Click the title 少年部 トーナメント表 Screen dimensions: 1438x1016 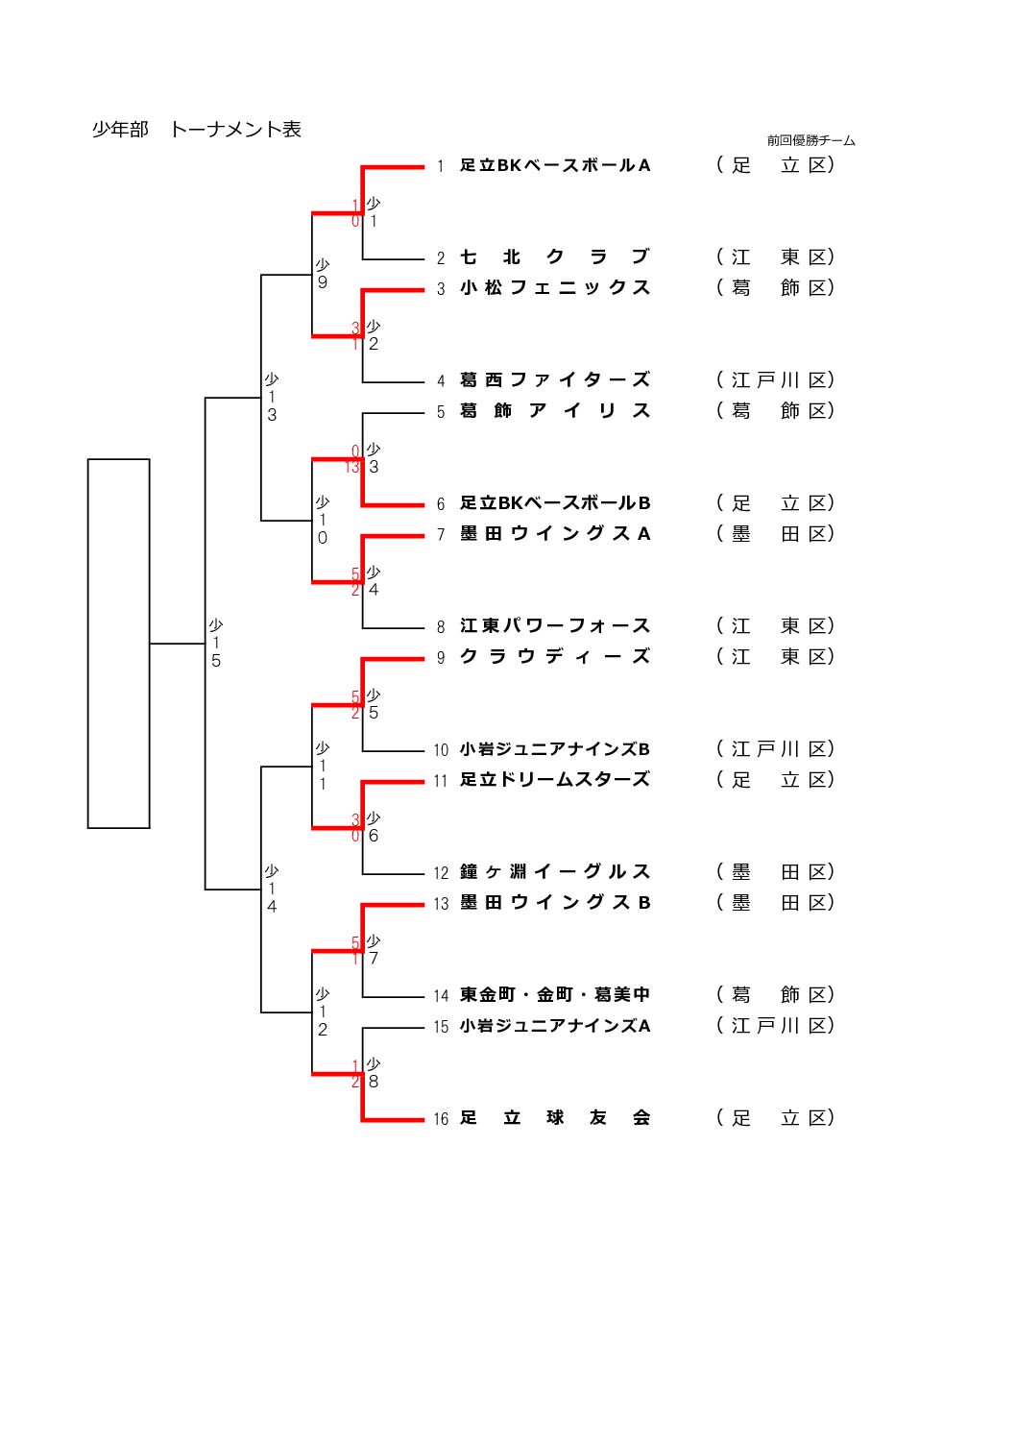pos(196,130)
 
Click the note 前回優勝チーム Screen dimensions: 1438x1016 pos(810,140)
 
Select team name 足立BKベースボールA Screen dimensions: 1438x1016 pos(554,165)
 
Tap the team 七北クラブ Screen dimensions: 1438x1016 pos(554,257)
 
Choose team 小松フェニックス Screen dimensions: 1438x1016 pos(554,288)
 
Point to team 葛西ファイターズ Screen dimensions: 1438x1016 pos(554,380)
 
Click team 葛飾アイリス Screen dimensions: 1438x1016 pos(554,411)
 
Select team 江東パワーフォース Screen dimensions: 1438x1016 pos(554,626)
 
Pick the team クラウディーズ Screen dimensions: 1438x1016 pos(554,657)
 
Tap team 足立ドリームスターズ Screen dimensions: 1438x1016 pos(554,780)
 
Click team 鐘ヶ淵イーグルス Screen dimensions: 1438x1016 pos(554,872)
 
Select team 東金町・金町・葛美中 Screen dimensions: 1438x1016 pos(554,995)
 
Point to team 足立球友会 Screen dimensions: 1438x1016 pos(554,1118)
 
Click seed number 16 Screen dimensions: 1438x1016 pos(441,1119)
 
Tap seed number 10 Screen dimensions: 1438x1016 pos(441,750)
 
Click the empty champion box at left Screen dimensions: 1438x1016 pos(118,643)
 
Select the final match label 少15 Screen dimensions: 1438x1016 pos(216,643)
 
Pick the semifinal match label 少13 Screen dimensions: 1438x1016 pos(272,397)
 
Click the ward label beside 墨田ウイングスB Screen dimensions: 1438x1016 pos(775,903)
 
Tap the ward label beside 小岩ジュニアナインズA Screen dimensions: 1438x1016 pos(775,1026)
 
